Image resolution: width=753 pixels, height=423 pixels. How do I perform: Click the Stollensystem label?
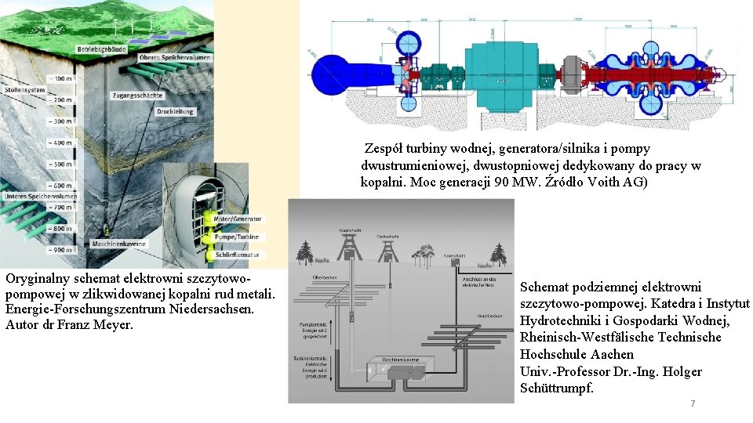(23, 90)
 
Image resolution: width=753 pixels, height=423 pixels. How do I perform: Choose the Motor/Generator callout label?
(238, 219)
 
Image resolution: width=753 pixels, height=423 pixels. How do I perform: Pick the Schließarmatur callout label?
(237, 255)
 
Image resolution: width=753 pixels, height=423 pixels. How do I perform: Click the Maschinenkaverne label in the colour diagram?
(118, 244)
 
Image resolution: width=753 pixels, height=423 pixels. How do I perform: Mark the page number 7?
(692, 403)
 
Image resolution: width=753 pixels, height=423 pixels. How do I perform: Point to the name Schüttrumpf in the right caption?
(556, 389)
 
